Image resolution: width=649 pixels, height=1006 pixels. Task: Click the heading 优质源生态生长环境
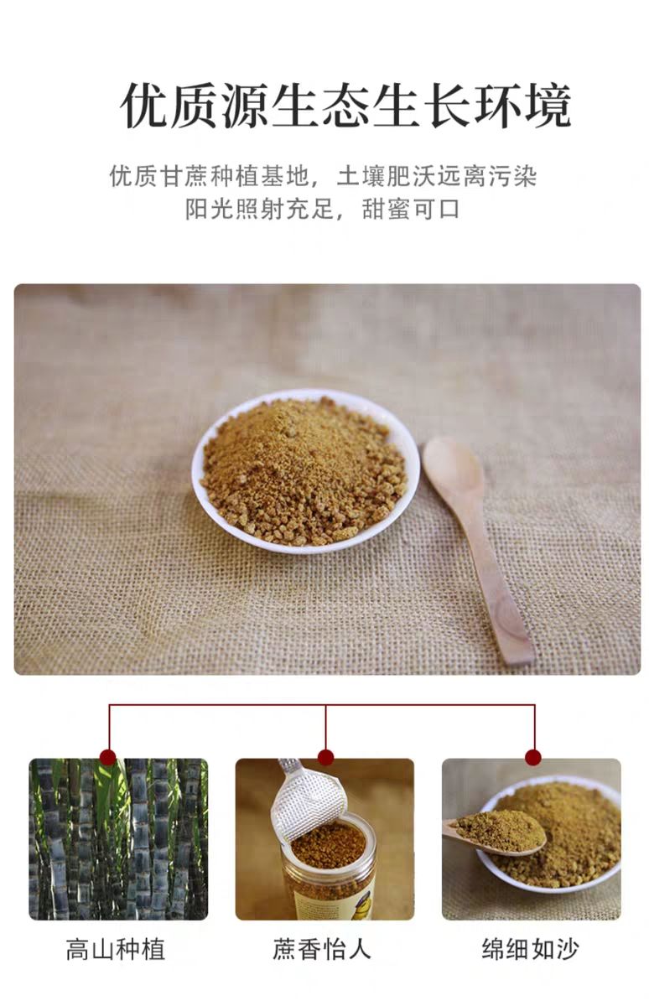345,106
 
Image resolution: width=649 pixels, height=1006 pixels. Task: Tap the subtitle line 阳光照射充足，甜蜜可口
323,210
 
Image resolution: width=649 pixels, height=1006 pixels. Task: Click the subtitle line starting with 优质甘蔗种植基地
324,175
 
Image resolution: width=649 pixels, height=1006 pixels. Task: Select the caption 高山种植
116,950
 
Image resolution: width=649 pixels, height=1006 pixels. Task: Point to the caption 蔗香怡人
322,950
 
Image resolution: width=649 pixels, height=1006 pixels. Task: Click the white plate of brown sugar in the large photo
306,471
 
